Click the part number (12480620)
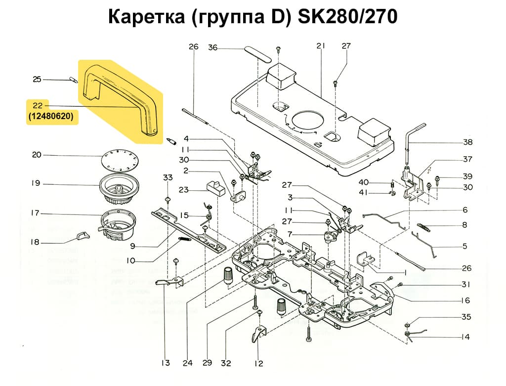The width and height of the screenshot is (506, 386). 52,118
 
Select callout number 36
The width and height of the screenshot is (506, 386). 212,47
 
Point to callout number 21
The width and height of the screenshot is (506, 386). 321,46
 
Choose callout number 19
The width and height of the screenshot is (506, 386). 36,183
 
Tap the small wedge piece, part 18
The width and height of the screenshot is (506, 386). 82,236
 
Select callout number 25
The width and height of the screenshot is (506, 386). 37,80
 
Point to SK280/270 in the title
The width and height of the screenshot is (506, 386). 347,17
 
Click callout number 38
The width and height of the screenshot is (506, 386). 467,142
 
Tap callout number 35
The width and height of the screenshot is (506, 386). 466,317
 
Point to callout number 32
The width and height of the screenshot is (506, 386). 226,363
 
